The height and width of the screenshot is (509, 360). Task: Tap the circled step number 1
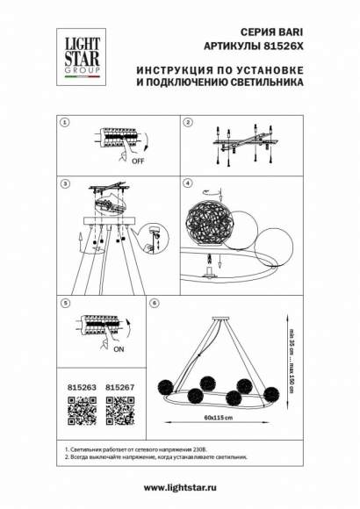click(x=63, y=122)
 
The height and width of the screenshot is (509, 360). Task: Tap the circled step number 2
click(x=188, y=122)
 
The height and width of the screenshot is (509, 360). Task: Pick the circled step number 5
click(x=63, y=303)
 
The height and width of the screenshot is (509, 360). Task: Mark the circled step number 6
click(x=155, y=303)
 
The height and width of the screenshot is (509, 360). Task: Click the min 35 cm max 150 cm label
click(x=291, y=351)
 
